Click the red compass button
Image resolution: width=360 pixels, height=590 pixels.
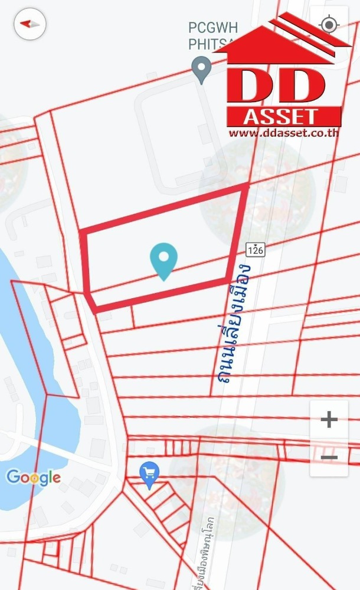30,24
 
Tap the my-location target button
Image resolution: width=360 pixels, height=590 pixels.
329,25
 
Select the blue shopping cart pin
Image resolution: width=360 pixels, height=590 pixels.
149,474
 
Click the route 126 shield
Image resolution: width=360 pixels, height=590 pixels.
256,249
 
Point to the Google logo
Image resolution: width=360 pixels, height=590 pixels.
34,477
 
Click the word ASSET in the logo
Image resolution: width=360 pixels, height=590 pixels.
283,116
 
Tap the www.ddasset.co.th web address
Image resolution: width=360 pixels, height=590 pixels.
283,133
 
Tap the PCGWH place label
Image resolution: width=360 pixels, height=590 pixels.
205,27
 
